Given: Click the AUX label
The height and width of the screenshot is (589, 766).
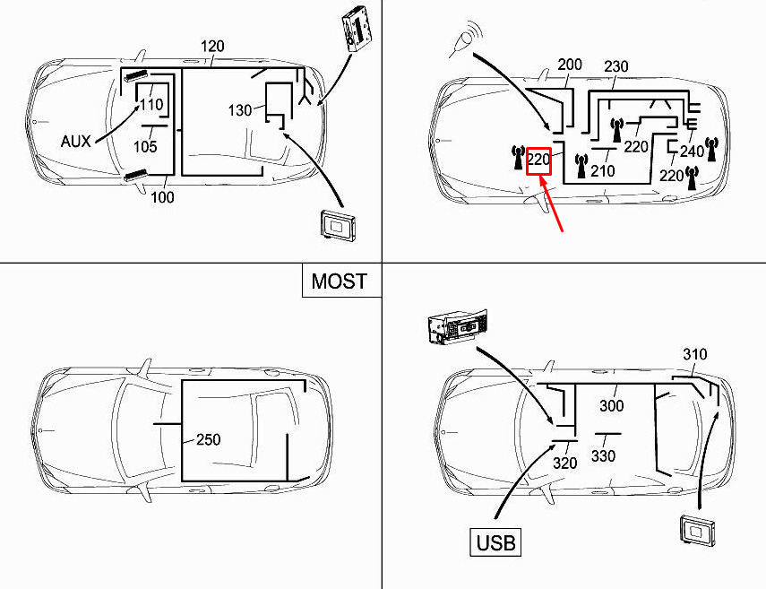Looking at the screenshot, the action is pos(76,142).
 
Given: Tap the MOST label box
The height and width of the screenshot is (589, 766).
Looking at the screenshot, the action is pos(341,281).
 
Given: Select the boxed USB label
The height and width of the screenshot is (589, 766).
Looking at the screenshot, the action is pos(495,542).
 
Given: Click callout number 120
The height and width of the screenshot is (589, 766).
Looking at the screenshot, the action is pos(212,47).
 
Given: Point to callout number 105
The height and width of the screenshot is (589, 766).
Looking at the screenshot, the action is pos(145,146).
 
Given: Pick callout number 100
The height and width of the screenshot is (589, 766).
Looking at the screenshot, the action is pos(162,197).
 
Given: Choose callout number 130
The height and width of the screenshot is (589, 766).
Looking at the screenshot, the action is pos(240,110).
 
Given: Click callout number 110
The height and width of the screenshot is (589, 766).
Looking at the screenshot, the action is pos(151,104).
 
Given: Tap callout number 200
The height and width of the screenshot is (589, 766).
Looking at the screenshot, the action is pos(570,65).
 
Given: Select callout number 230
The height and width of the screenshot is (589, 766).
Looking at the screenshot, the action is pos(616,66).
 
